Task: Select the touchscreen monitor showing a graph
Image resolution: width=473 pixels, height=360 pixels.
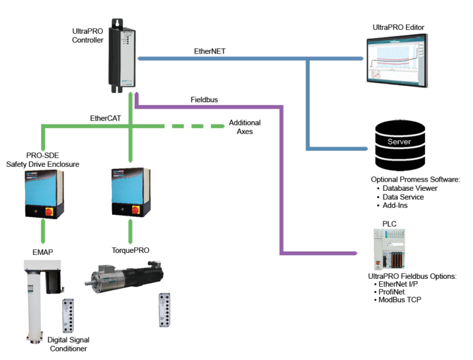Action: point(395,60)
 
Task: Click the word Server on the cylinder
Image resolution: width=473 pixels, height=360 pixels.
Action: point(399,142)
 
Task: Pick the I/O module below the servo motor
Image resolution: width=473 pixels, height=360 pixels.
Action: point(164,314)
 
